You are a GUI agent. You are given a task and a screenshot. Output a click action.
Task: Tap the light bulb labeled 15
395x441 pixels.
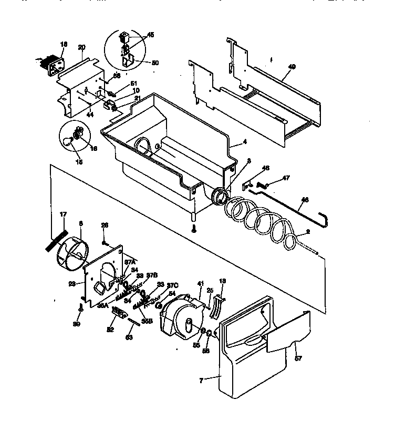coord(67,140)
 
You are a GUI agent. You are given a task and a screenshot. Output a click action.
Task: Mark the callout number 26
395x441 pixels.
coord(105,224)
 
